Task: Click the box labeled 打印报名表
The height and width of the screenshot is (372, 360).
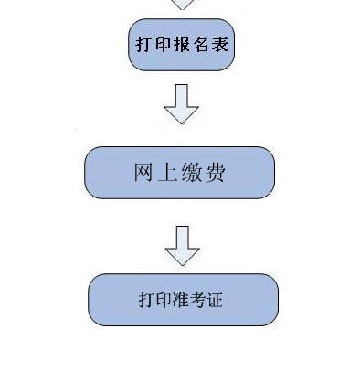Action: tap(181, 44)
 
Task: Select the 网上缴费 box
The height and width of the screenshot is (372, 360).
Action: tap(179, 173)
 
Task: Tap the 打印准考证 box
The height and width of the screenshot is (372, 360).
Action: tap(182, 300)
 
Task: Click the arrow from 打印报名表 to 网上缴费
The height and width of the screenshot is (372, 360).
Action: tap(181, 103)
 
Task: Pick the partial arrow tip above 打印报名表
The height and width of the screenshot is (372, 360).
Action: tap(183, 5)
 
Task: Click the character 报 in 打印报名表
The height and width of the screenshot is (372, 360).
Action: tap(181, 44)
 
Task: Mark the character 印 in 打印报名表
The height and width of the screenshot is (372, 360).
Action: tap(163, 44)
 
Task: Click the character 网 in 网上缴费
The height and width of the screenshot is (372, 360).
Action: tap(143, 173)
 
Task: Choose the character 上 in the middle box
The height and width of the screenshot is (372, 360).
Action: tap(167, 173)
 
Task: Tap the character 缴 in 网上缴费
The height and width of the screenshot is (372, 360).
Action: tap(192, 173)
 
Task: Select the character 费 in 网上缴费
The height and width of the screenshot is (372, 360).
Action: tap(217, 173)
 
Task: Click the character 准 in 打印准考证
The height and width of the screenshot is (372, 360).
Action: tap(182, 300)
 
